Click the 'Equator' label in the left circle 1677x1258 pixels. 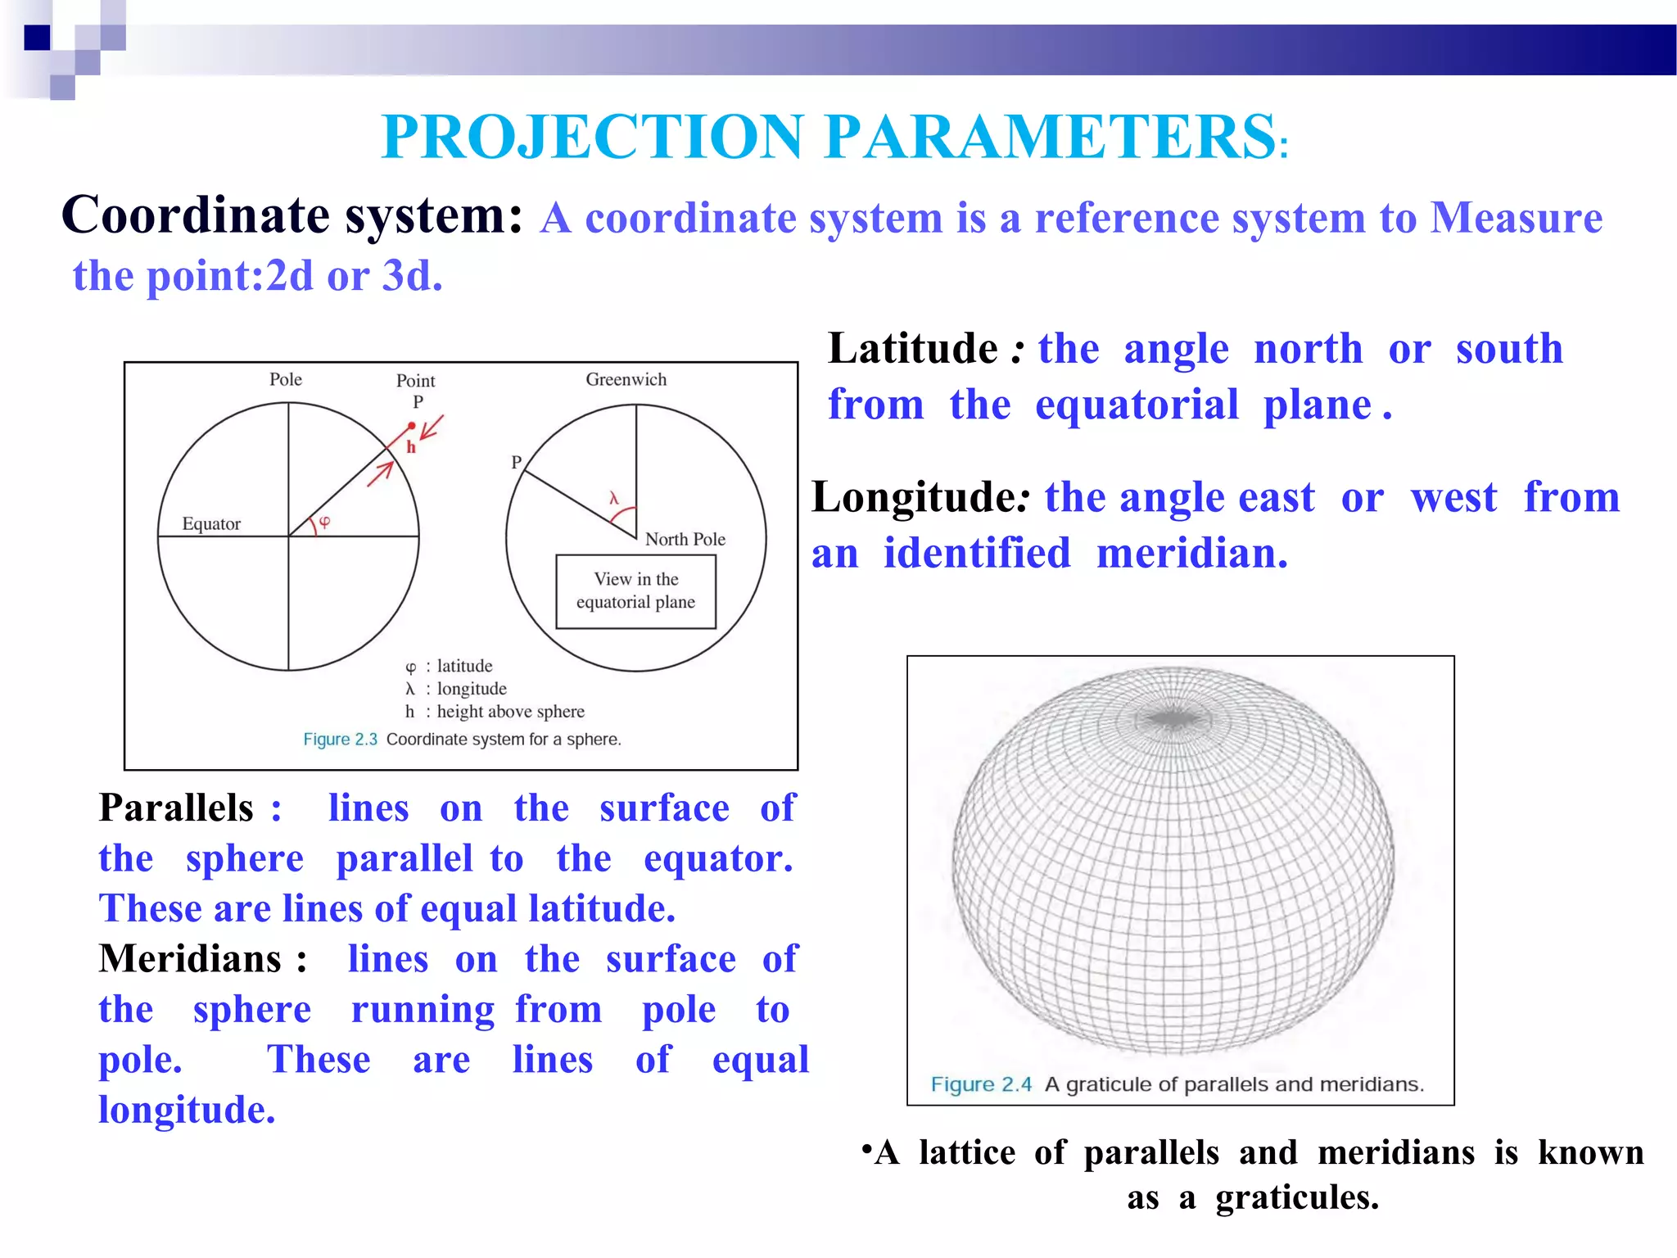point(211,524)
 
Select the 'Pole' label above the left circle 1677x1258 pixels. point(286,379)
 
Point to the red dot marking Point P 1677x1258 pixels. point(412,426)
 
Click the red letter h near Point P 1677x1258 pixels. point(411,447)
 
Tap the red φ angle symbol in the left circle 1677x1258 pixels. point(324,522)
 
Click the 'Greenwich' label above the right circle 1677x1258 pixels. point(626,379)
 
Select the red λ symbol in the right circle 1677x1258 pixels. point(614,498)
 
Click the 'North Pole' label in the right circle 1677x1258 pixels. point(685,539)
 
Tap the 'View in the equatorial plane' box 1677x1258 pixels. point(635,591)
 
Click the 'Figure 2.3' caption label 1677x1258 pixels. point(340,739)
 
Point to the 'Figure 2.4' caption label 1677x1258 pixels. point(981,1084)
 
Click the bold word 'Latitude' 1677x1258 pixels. point(912,350)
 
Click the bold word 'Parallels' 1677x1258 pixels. point(176,808)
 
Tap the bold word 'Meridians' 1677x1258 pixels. point(190,959)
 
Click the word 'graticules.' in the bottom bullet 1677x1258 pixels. point(1297,1197)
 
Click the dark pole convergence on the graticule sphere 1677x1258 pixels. point(1173,719)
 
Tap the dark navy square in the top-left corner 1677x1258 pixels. point(38,38)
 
